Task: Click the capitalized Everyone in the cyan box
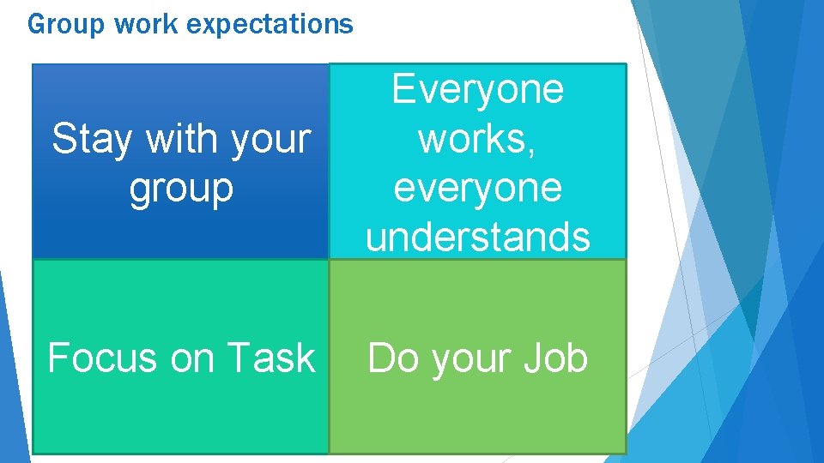pyautogui.click(x=478, y=89)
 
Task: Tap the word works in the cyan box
pyautogui.click(x=474, y=139)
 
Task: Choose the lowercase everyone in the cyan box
pyautogui.click(x=478, y=189)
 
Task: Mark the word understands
pyautogui.click(x=478, y=238)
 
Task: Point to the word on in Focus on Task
pyautogui.click(x=191, y=358)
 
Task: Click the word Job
pyautogui.click(x=557, y=358)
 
